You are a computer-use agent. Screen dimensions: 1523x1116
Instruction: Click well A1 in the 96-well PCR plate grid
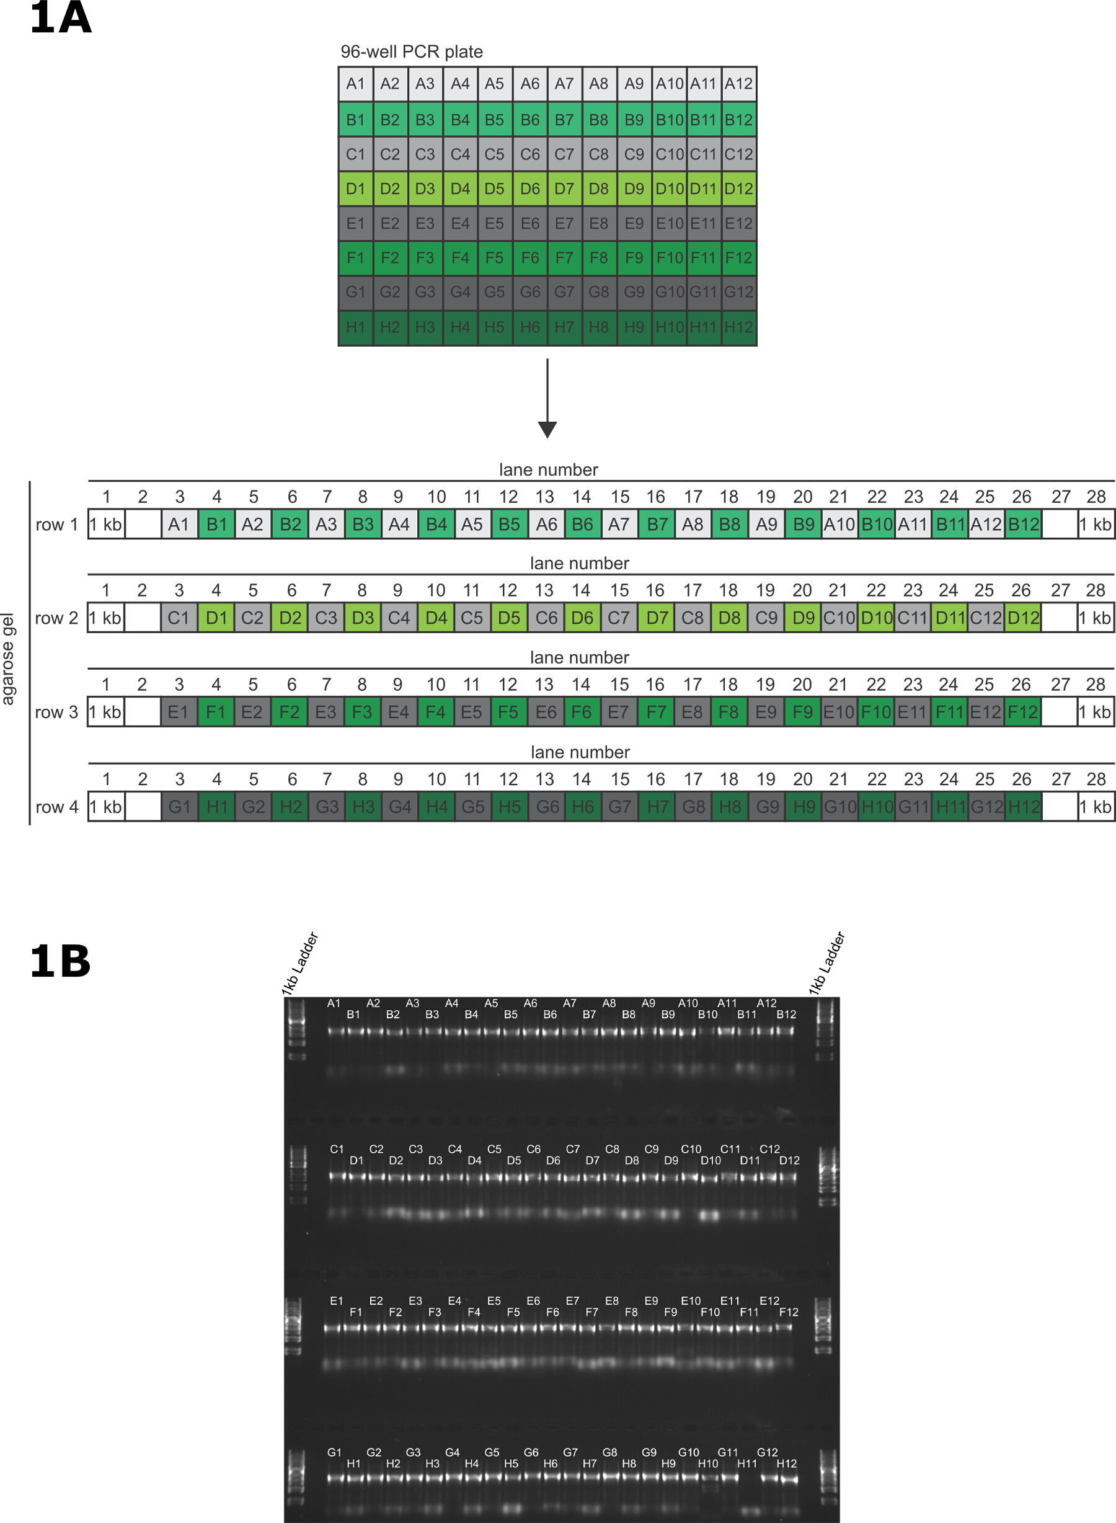pyautogui.click(x=355, y=84)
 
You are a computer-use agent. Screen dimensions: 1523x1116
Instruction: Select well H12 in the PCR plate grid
pyautogui.click(x=738, y=327)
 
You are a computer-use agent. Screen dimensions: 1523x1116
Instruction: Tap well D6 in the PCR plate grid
pyautogui.click(x=529, y=189)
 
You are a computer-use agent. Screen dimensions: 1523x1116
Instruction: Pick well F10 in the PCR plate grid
pyautogui.click(x=670, y=258)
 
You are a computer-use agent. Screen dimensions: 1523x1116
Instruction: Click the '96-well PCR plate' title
pyautogui.click(x=412, y=52)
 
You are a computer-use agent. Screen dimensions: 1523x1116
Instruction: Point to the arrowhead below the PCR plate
pyautogui.click(x=547, y=429)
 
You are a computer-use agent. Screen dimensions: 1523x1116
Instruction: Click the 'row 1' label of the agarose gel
pyautogui.click(x=57, y=525)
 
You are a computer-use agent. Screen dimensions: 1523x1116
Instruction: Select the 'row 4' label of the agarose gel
pyautogui.click(x=57, y=807)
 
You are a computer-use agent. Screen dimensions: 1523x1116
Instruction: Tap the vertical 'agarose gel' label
pyautogui.click(x=8, y=659)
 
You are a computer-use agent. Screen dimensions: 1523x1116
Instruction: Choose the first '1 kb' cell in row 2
pyautogui.click(x=106, y=618)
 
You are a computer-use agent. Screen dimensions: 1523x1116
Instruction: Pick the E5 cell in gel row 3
pyautogui.click(x=472, y=712)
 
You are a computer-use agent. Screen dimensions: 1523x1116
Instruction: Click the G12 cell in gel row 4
pyautogui.click(x=986, y=807)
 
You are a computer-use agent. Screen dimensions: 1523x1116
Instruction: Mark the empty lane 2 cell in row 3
pyautogui.click(x=143, y=712)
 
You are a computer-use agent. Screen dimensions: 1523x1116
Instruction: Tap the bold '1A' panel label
pyautogui.click(x=60, y=17)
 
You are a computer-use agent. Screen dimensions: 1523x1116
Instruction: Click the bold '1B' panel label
pyautogui.click(x=60, y=962)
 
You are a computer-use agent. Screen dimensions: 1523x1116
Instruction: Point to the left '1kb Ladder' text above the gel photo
pyautogui.click(x=300, y=963)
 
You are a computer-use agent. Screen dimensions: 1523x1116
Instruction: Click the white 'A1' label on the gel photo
pyautogui.click(x=334, y=1003)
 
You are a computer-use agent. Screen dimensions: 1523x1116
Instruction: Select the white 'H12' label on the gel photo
pyautogui.click(x=786, y=1463)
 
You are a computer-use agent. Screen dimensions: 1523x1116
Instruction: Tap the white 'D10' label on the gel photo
pyautogui.click(x=711, y=1160)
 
